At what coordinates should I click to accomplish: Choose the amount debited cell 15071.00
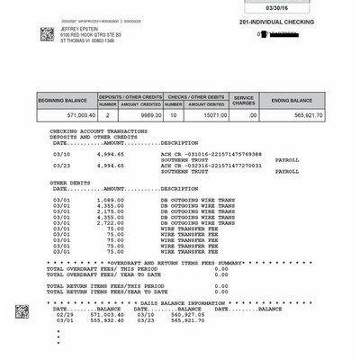(x=208, y=115)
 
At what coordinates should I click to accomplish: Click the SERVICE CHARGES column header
(x=244, y=100)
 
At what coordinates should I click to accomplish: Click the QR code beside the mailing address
(x=47, y=34)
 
